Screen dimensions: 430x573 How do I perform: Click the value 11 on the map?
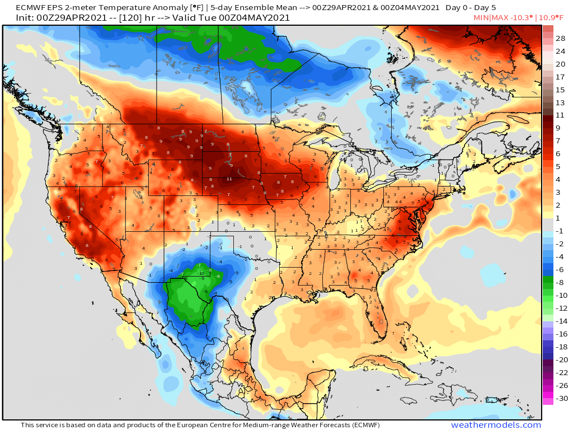[229, 179]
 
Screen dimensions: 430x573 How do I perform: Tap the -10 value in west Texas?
[201, 274]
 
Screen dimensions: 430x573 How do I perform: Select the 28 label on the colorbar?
[560, 38]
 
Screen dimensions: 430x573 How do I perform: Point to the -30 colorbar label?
[560, 398]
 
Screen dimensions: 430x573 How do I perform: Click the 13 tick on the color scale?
[560, 102]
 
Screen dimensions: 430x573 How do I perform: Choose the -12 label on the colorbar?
[560, 308]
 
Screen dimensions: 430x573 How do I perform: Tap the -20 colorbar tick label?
[560, 359]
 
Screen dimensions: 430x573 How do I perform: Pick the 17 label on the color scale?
[560, 77]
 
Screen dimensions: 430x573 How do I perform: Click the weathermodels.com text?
[496, 425]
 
